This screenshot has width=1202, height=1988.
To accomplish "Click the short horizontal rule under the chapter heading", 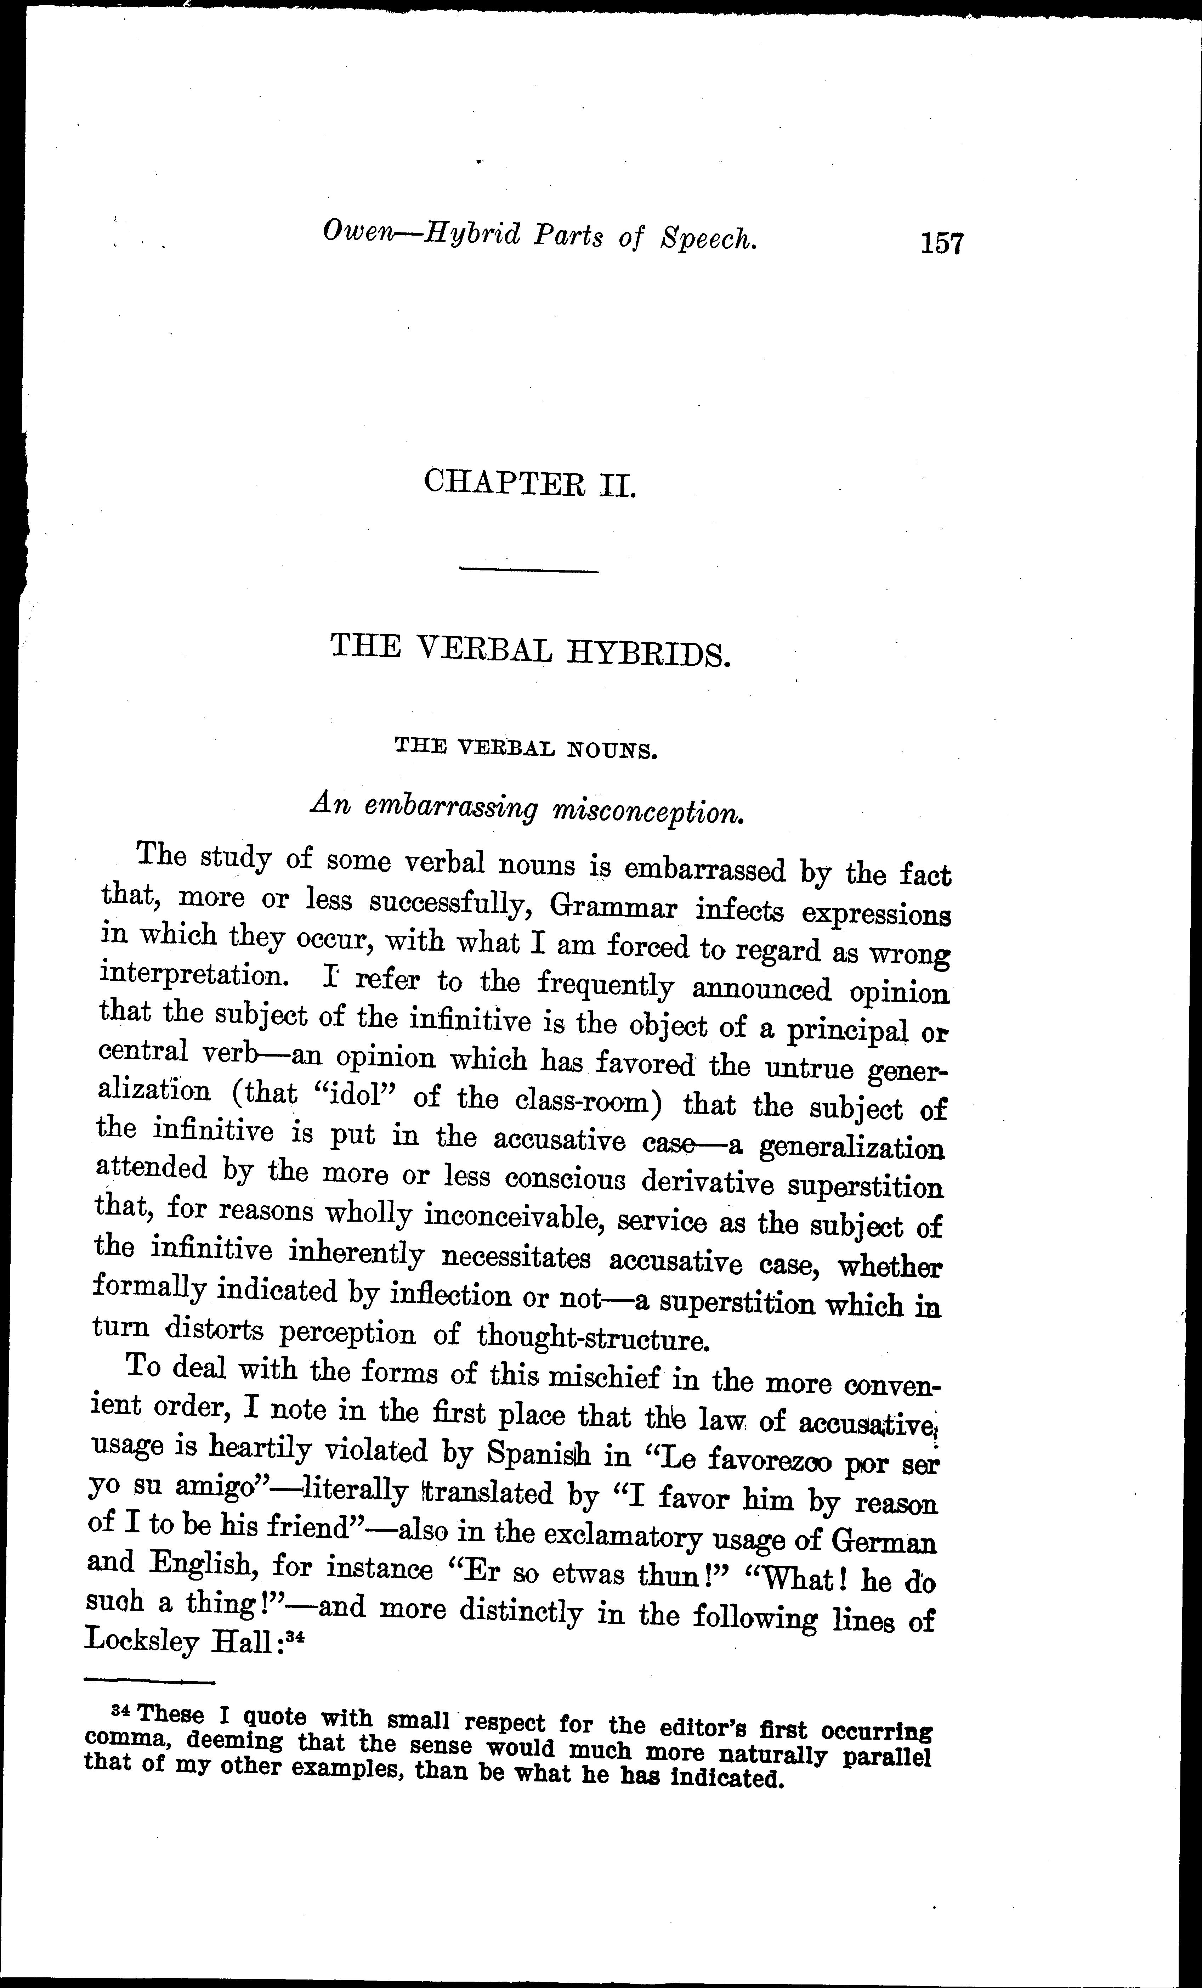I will (528, 571).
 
